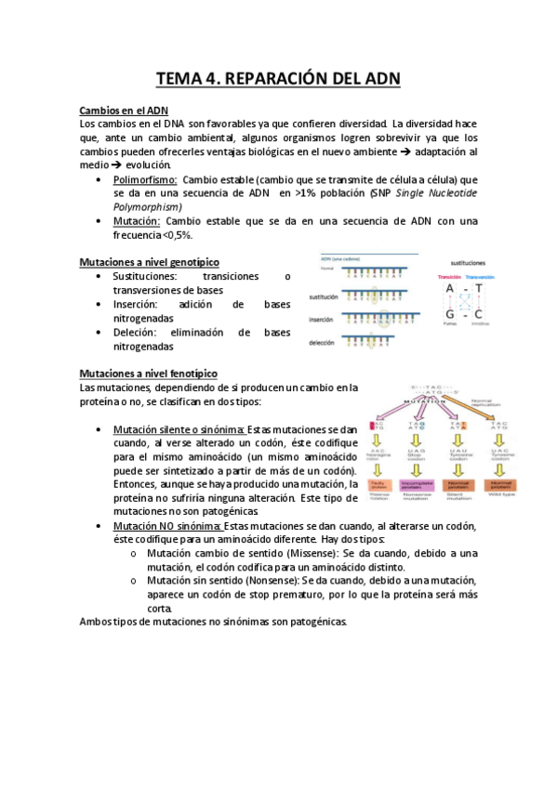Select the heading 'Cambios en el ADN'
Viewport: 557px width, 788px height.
[123, 110]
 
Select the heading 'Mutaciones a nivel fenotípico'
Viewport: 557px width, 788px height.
[149, 373]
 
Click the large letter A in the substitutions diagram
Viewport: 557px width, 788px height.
[449, 290]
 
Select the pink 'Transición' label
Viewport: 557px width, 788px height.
[449, 278]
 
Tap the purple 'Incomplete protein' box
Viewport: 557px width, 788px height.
[417, 484]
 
